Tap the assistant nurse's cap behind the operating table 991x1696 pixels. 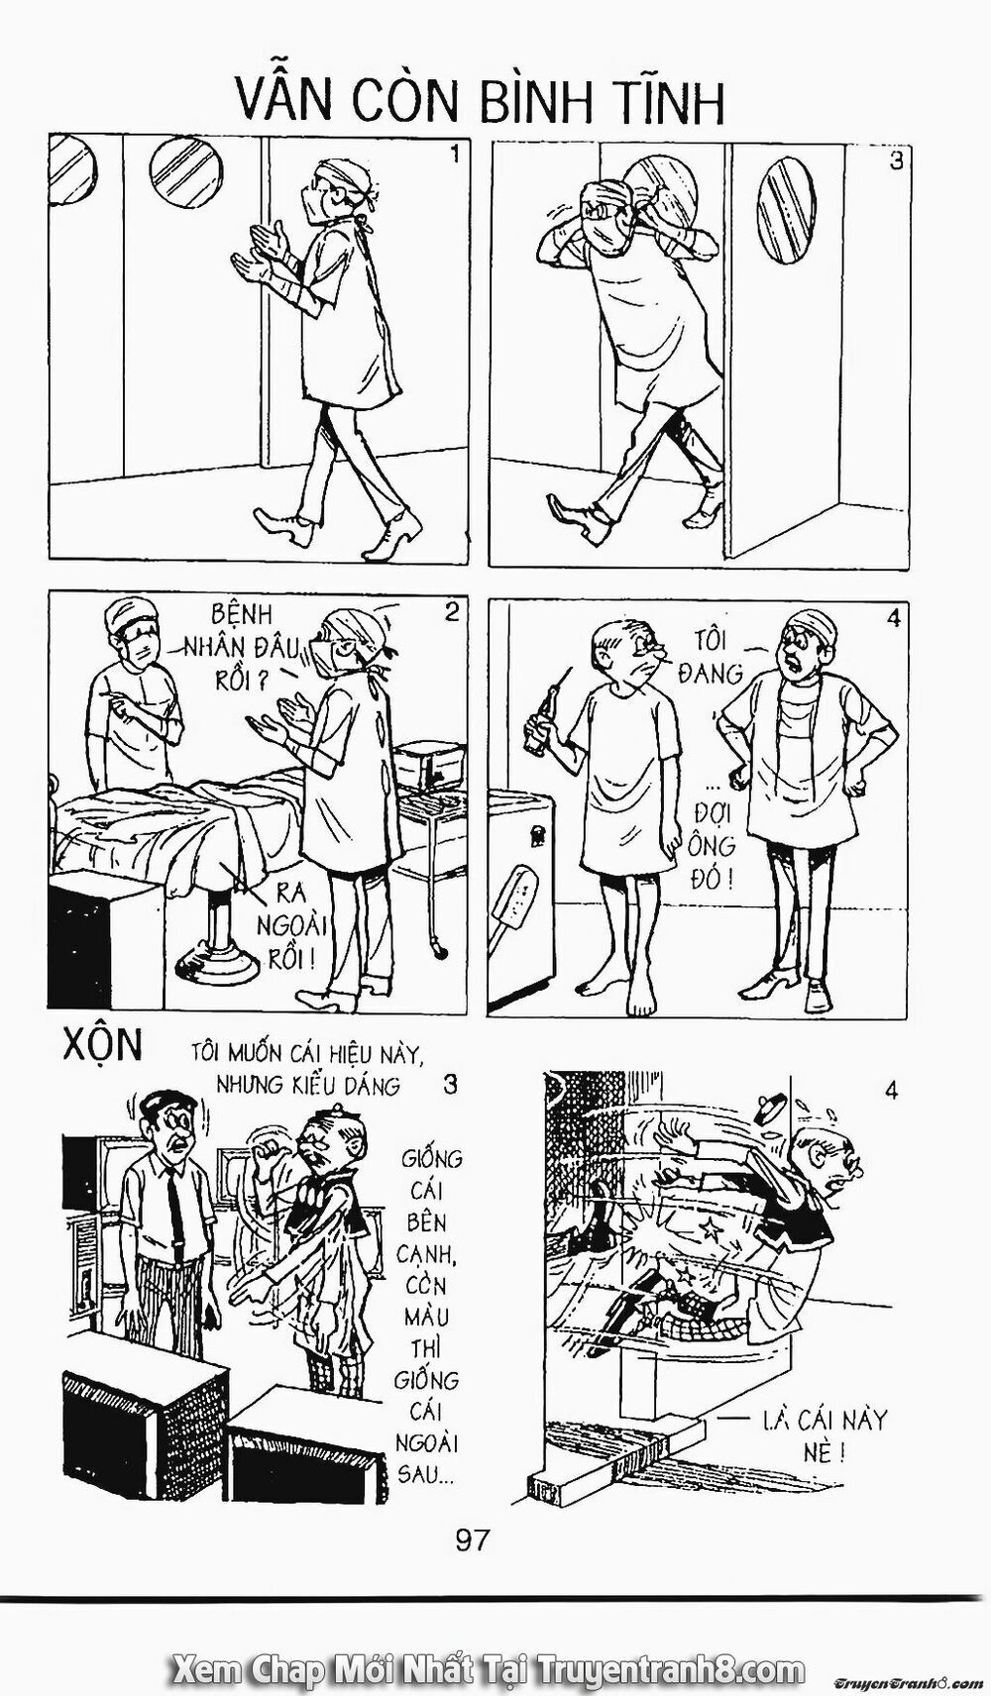(x=132, y=613)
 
